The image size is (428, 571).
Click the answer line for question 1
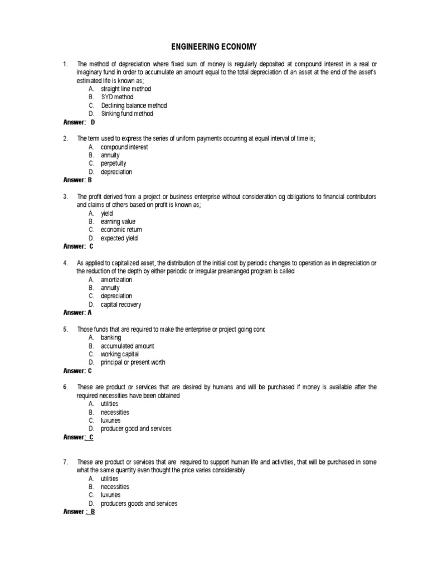(x=79, y=122)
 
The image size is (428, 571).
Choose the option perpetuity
(x=113, y=163)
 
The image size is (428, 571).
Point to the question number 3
(x=66, y=197)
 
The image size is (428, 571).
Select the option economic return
(x=121, y=230)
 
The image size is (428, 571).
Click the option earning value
(x=118, y=221)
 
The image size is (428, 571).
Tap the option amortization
(x=116, y=279)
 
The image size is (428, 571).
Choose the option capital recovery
(x=120, y=304)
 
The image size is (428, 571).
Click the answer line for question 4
(x=77, y=313)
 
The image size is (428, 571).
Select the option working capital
(x=119, y=354)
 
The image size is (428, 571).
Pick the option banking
(x=110, y=337)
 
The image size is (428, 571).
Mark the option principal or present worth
(x=133, y=362)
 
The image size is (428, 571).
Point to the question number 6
(x=66, y=387)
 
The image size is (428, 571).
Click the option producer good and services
(x=135, y=429)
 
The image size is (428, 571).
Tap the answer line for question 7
(x=79, y=511)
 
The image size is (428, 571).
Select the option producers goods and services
(x=139, y=504)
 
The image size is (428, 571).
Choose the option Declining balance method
(x=133, y=105)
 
